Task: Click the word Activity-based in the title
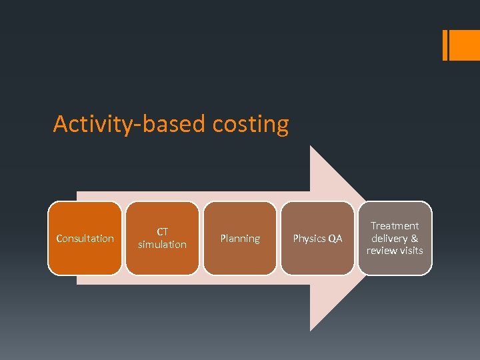click(x=131, y=125)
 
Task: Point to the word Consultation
click(x=85, y=239)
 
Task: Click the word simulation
click(x=162, y=245)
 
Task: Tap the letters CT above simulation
click(x=162, y=232)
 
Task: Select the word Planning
click(x=240, y=239)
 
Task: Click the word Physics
click(x=309, y=239)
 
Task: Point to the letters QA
click(x=335, y=239)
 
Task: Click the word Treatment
click(x=395, y=226)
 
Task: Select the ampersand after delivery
click(x=415, y=238)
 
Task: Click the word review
click(x=381, y=251)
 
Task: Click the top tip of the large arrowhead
click(x=311, y=147)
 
